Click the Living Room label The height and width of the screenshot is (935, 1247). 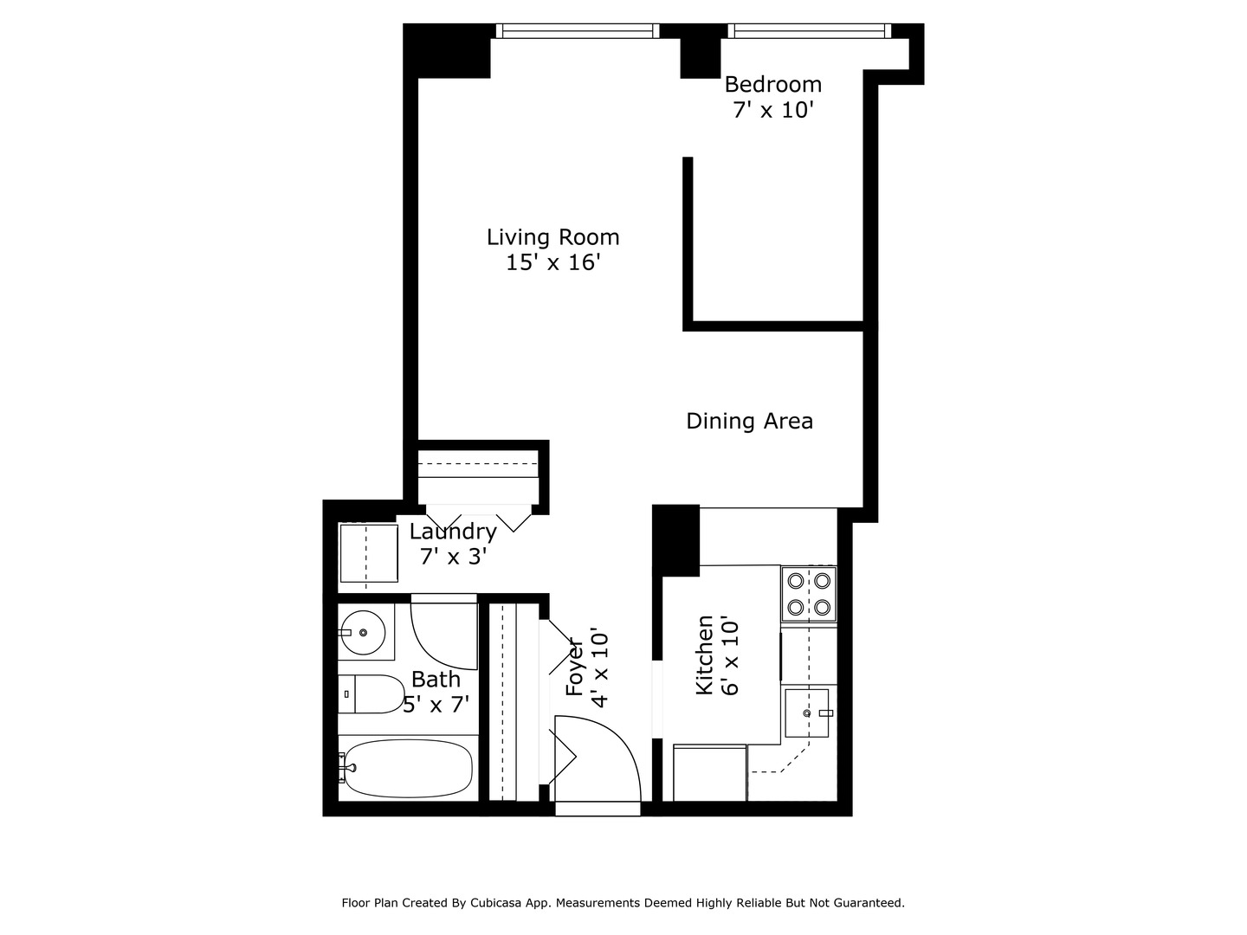pos(552,237)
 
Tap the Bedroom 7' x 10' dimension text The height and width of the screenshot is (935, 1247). pos(772,111)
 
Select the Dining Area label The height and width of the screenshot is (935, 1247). pos(749,422)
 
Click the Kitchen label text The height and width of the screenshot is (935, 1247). pos(705,655)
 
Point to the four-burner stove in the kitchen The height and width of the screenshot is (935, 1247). pos(809,594)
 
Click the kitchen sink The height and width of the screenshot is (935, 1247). pos(807,713)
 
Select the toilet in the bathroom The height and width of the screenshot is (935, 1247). pos(371,694)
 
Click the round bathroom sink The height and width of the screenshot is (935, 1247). pos(363,633)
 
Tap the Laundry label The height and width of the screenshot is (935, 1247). pos(453,532)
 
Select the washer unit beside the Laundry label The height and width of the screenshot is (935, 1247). pos(368,553)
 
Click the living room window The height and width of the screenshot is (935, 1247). pos(578,31)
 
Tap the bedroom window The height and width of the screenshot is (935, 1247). pos(809,31)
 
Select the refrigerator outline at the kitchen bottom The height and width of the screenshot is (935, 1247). pos(709,773)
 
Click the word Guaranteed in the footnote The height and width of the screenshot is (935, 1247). pos(868,903)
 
